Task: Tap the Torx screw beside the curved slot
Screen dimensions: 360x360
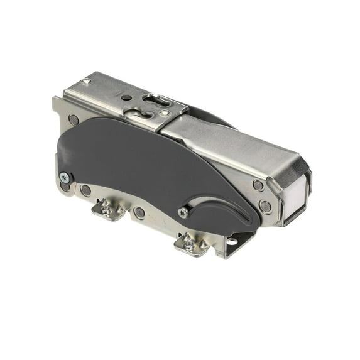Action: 183,212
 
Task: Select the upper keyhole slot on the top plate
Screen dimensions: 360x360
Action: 155,99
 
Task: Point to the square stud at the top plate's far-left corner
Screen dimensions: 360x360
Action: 87,82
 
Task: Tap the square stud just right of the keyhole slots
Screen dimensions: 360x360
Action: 165,112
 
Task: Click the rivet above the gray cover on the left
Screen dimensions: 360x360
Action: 74,119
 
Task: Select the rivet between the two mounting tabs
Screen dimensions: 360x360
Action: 139,213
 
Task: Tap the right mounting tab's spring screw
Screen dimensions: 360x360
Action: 188,241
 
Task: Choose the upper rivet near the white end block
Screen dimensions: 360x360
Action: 258,185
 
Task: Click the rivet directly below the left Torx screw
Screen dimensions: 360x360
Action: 66,187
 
